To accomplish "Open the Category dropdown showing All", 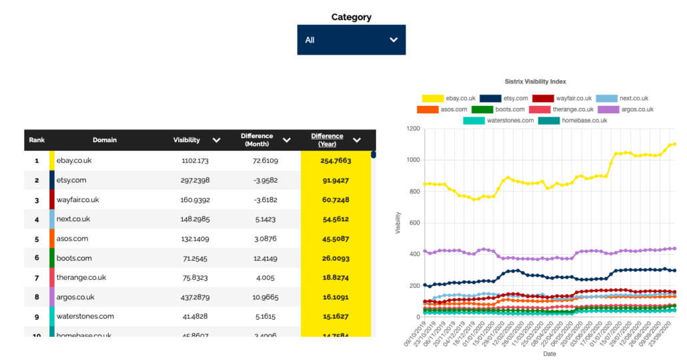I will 351,40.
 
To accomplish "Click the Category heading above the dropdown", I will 351,17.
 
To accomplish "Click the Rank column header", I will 37,140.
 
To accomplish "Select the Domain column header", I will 105,140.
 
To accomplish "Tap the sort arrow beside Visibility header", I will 216,140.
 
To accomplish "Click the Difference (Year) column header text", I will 327,140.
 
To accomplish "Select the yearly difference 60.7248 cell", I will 335,199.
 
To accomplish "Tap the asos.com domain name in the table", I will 72,239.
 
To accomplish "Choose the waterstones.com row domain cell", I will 85,316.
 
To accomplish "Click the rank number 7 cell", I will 37,277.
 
